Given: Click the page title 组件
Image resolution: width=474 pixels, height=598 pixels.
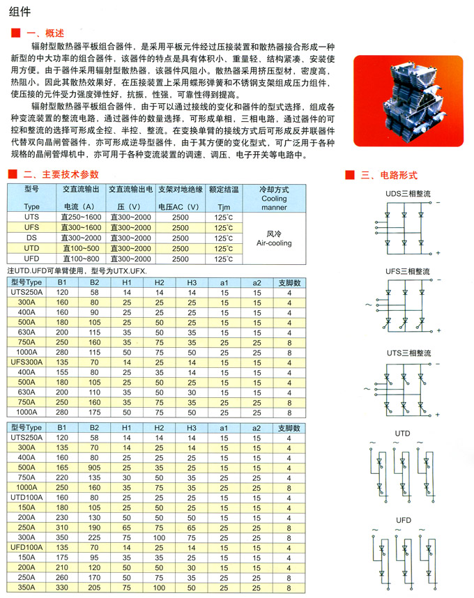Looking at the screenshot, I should (x=21, y=11).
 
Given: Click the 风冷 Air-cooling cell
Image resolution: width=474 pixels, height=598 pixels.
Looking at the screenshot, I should (x=274, y=238).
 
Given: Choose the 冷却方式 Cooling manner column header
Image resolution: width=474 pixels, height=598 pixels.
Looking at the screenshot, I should (x=274, y=197).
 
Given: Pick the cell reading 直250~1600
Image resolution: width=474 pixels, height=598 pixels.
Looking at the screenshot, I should (x=82, y=218).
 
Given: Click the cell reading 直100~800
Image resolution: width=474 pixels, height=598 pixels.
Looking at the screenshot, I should (x=82, y=259).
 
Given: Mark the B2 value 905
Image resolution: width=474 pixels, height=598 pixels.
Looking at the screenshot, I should (x=95, y=467).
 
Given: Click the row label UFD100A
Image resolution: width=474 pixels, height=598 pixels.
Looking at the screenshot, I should (x=27, y=548).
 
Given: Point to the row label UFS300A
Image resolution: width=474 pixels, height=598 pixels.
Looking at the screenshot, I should (x=27, y=362).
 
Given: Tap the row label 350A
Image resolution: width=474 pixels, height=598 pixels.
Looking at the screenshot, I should (x=27, y=588).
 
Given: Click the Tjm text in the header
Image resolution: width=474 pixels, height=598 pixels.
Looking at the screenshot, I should (x=224, y=208).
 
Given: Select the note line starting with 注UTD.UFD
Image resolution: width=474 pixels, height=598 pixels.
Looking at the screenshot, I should (x=77, y=270).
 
